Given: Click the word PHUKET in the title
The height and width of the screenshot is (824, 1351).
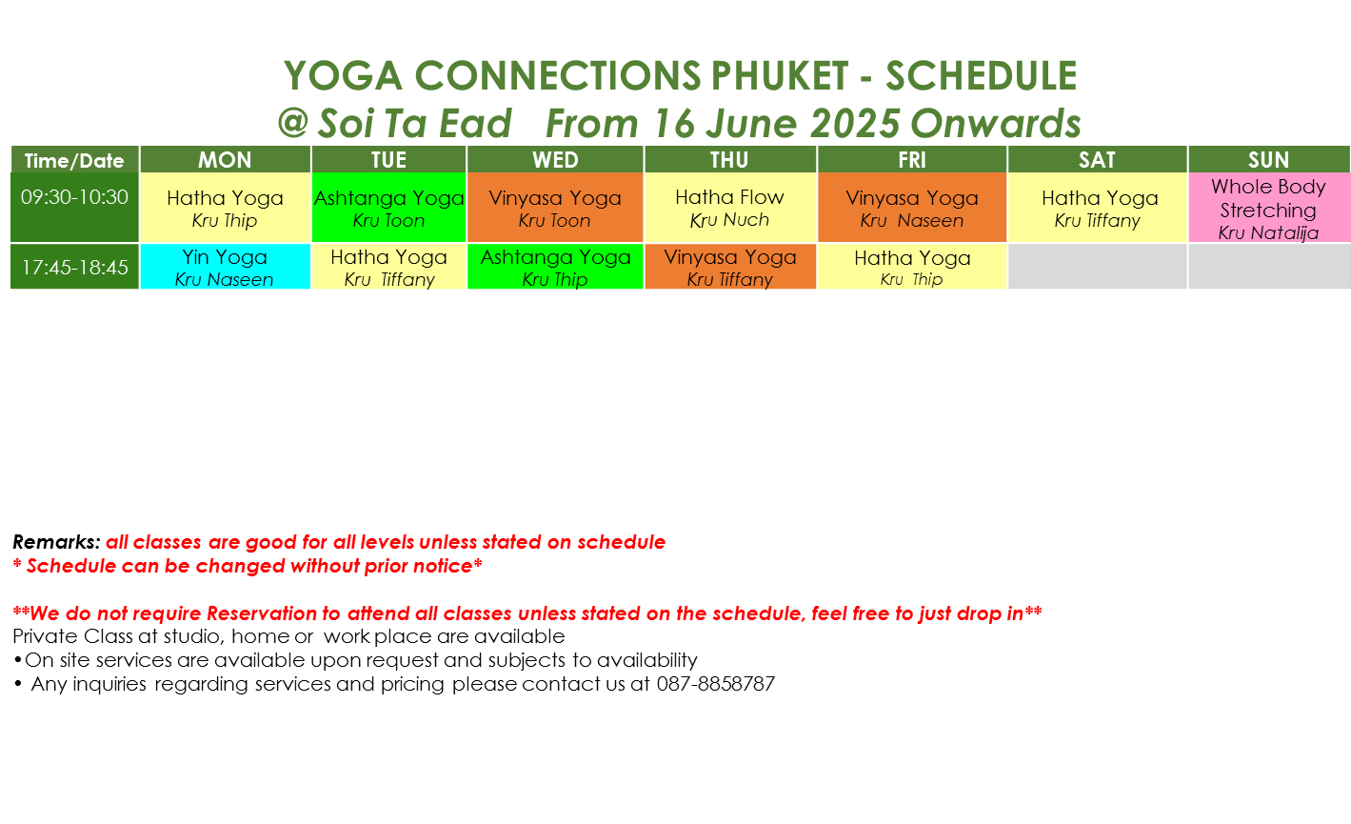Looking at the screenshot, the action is point(779,76).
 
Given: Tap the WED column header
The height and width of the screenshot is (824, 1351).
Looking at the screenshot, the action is point(555,159).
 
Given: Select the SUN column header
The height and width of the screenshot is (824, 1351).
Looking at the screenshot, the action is point(1269,159).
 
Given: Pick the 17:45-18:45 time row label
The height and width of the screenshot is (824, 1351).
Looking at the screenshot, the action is point(75,267).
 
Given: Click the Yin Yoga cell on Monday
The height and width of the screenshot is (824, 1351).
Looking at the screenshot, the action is point(225,266).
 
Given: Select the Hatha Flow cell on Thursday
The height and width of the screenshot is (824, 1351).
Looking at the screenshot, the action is point(730,207).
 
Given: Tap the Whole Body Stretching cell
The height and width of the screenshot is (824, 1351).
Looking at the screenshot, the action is point(1269,207).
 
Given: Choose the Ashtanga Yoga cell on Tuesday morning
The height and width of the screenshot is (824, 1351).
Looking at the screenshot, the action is point(389,207).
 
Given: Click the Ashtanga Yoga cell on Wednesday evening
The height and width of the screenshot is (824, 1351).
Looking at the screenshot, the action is point(555,266).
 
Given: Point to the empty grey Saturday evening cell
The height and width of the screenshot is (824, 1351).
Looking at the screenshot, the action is point(1097,266).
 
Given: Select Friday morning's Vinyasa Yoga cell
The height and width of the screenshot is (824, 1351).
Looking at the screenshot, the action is point(912,207).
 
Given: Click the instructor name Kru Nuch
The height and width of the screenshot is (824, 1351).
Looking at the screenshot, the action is point(730,220).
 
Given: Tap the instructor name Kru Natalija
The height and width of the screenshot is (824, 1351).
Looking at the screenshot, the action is point(1268,232).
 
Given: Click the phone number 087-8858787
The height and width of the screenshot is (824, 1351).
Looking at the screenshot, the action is point(716,684).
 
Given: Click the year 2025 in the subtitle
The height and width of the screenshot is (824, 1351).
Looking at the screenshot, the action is point(855,123).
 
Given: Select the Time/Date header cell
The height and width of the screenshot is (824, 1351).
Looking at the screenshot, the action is point(75,160).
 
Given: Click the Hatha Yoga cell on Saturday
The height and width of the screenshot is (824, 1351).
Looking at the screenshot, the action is point(1097,207).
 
